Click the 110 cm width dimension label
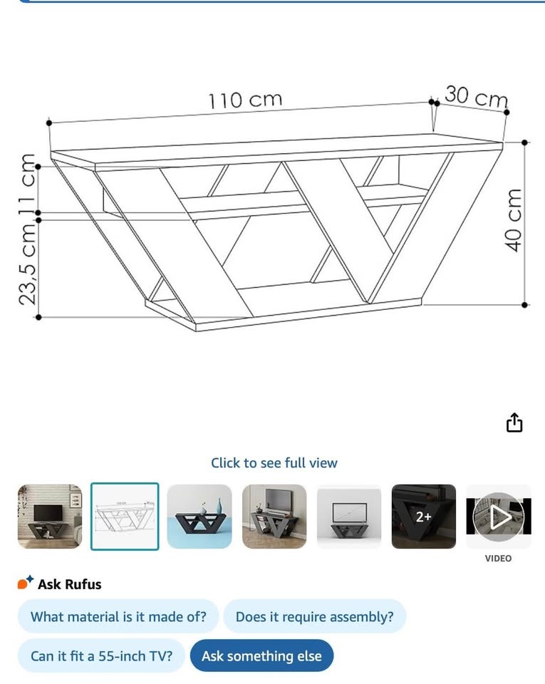245,100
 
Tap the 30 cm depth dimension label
476,96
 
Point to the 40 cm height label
513,220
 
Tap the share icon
514,423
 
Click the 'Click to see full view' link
274,463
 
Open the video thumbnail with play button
499,517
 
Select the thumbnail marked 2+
424,517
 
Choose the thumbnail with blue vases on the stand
199,517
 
